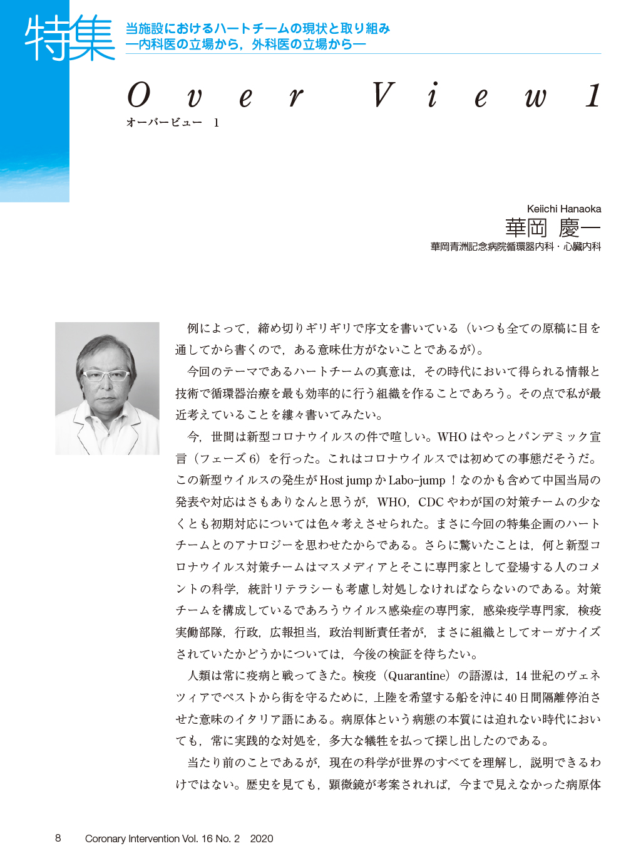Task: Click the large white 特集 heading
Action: [x=69, y=39]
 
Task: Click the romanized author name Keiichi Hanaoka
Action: [x=563, y=209]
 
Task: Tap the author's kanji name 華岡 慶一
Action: [x=552, y=227]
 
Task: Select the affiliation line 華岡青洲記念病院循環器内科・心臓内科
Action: [x=515, y=247]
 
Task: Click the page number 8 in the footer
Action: [x=58, y=838]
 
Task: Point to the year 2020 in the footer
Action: [x=261, y=838]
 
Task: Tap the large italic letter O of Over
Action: [x=139, y=96]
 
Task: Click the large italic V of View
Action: [x=382, y=96]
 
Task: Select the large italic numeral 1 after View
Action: [x=593, y=96]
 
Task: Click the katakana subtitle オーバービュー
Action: [x=164, y=123]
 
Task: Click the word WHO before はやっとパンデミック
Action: [x=452, y=437]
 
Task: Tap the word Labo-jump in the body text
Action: [x=416, y=480]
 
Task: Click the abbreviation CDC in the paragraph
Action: [x=431, y=502]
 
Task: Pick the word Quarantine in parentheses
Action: [x=418, y=676]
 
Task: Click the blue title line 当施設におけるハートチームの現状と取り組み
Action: [x=257, y=29]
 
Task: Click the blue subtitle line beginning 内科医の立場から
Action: [x=245, y=44]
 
